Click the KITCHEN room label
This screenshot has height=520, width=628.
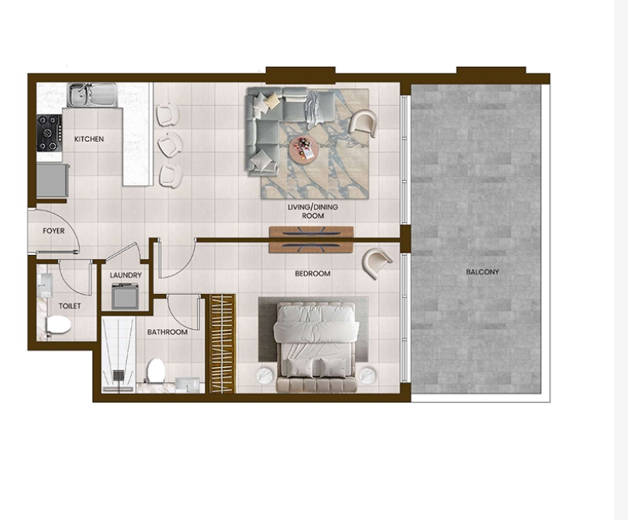pos(89,139)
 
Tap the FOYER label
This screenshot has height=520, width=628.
pos(54,231)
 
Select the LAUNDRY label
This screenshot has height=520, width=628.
pos(126,275)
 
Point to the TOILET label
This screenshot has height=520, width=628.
pos(69,306)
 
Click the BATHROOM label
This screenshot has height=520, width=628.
pos(168,332)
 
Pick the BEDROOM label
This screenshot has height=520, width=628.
pos(313,274)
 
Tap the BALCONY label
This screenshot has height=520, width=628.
pos(483,272)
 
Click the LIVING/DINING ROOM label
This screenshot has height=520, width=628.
pos(313,211)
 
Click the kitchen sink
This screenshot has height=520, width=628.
pos(92,95)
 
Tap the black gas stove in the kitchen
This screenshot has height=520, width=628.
pos(50,133)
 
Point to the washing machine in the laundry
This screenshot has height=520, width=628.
pos(125,296)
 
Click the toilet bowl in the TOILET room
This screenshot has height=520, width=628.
pos(59,325)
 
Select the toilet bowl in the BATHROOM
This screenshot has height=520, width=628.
pos(156,370)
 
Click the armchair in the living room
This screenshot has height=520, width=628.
pos(364,123)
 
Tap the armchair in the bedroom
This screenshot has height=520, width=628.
pos(377,262)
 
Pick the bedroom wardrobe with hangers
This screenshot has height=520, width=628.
pos(222,344)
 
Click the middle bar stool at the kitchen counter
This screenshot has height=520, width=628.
pos(171,144)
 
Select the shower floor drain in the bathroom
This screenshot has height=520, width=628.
pos(119,375)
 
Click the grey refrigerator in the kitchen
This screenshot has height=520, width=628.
pos(52,180)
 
